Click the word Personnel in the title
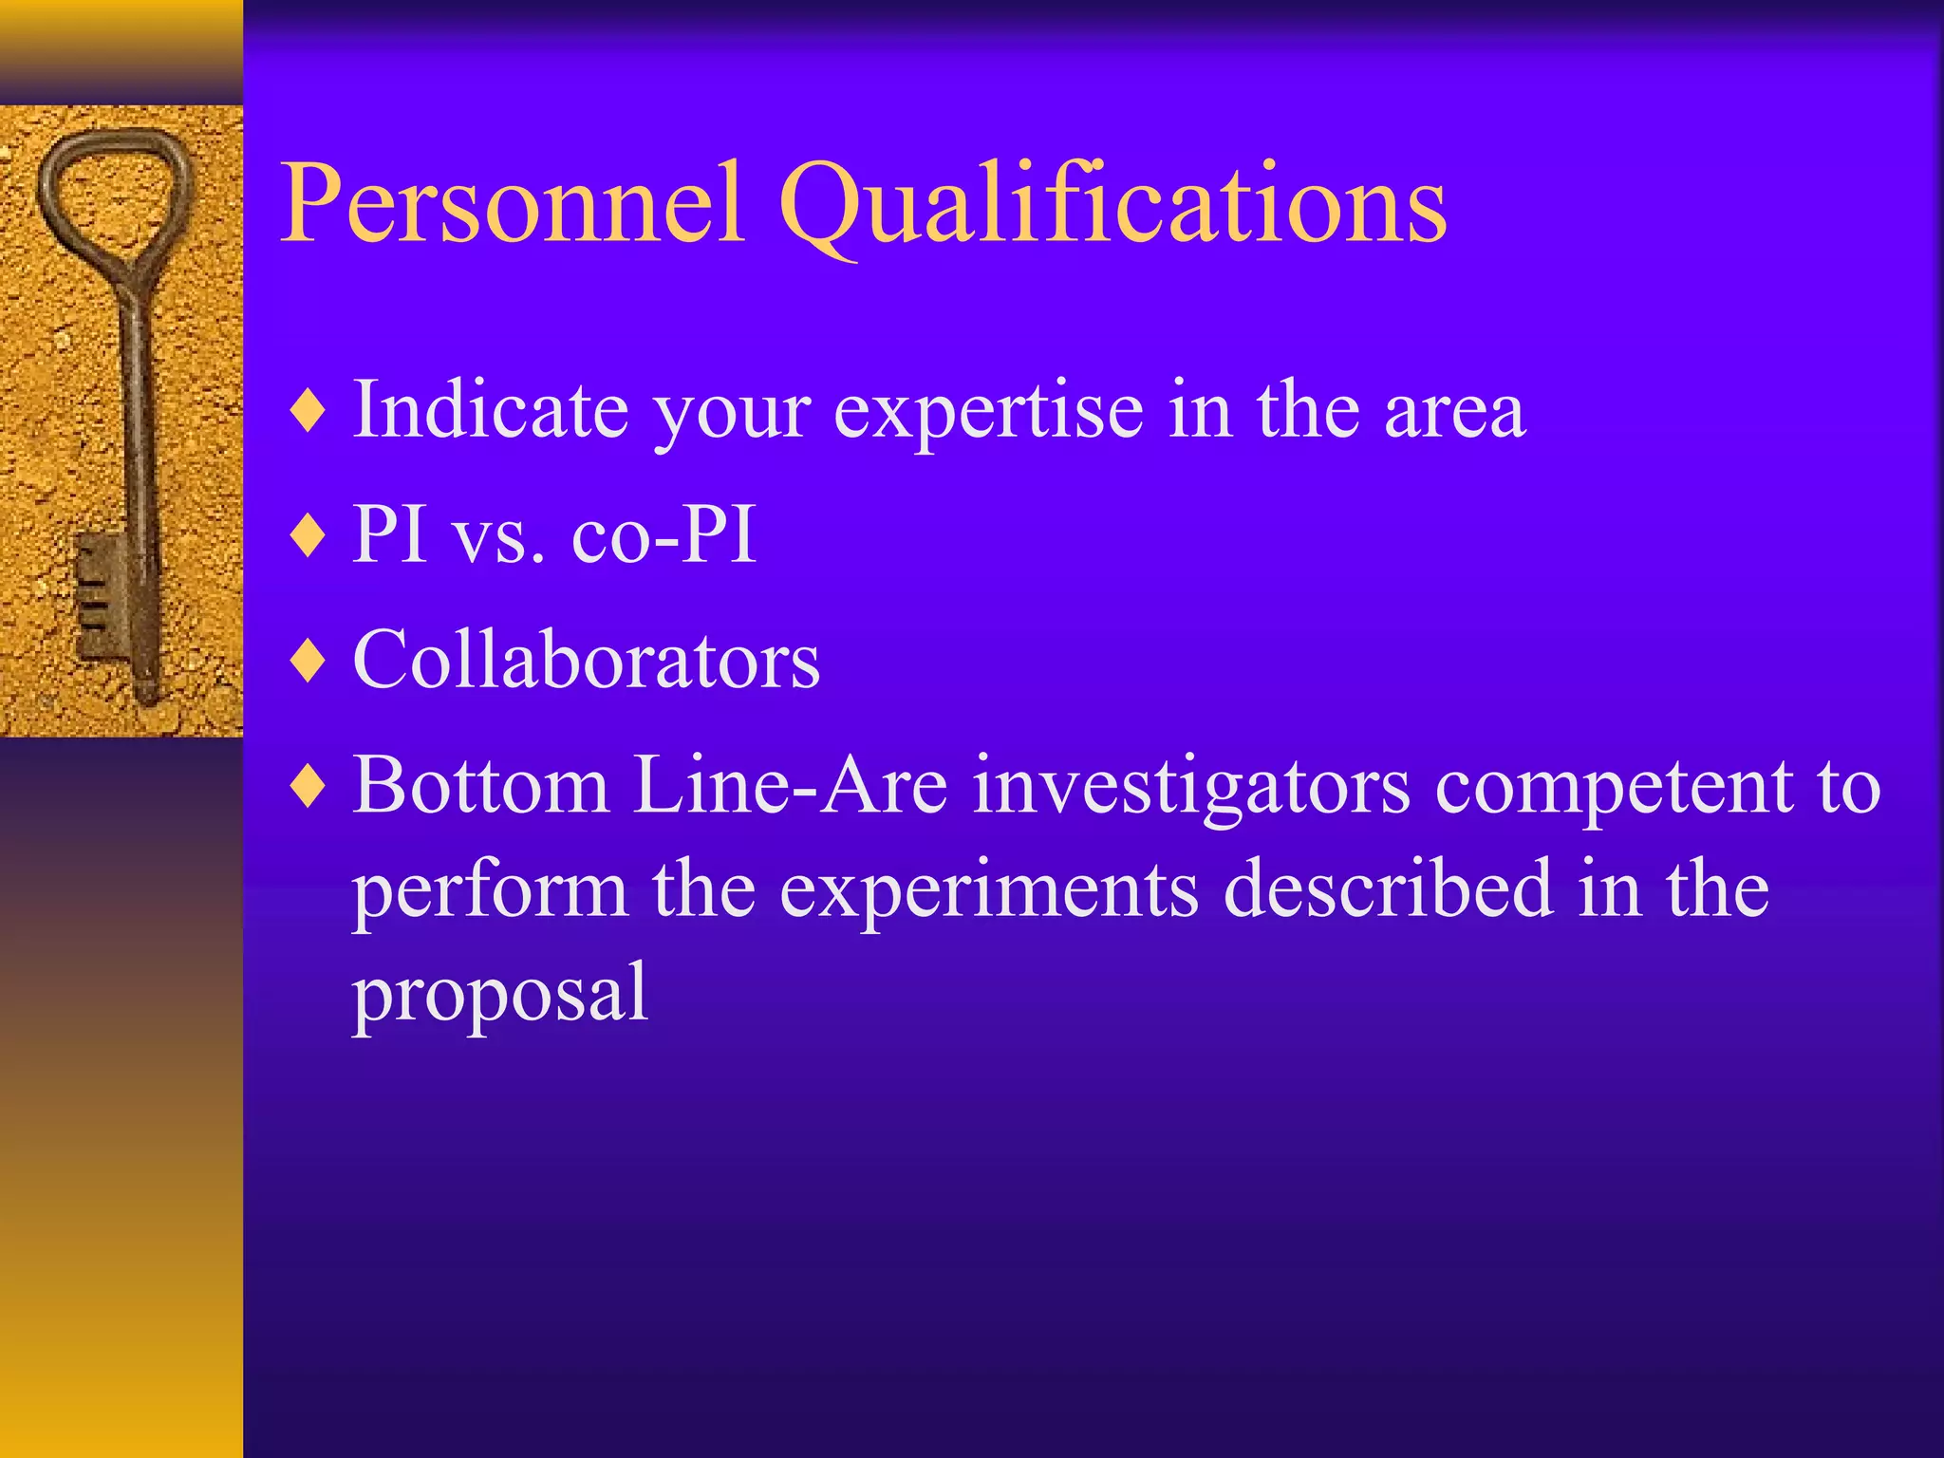(513, 204)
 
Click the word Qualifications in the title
(1112, 204)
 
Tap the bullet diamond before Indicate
(309, 411)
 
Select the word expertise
(988, 411)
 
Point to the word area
(1454, 411)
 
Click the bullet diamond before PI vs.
(309, 536)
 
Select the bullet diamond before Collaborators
(309, 662)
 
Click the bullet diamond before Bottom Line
(309, 787)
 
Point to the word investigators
(1191, 787)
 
